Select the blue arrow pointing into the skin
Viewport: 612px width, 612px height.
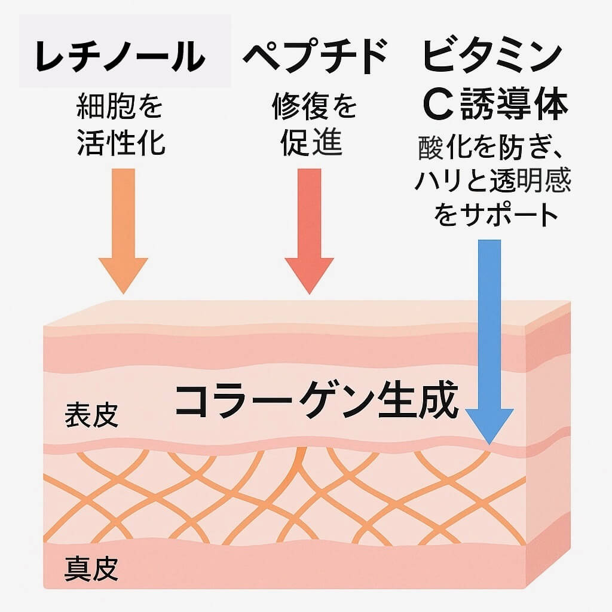[489, 335]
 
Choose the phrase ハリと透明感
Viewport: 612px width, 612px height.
[493, 182]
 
